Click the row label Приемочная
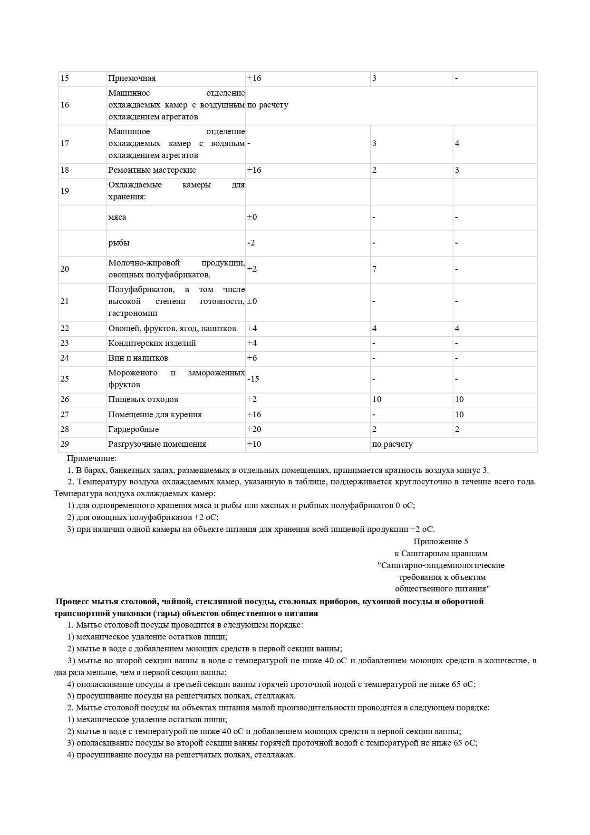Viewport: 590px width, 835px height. (x=132, y=79)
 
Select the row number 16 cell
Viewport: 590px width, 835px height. (x=65, y=105)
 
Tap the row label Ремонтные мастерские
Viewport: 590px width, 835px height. (x=152, y=170)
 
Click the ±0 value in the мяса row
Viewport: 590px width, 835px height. (x=252, y=217)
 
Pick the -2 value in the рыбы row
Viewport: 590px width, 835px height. (x=251, y=243)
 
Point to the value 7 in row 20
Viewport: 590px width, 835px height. (x=375, y=269)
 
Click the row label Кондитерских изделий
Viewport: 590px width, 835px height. (x=152, y=344)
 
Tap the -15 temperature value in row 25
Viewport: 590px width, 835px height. (x=253, y=379)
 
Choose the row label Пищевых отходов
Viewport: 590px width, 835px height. (x=143, y=400)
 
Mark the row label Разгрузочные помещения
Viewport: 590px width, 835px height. (x=157, y=444)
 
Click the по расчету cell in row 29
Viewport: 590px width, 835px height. (x=392, y=444)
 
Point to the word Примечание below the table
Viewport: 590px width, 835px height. (x=91, y=459)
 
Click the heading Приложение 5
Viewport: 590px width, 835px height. (x=441, y=541)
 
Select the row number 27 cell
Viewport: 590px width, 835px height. (x=65, y=415)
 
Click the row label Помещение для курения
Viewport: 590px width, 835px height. (x=155, y=415)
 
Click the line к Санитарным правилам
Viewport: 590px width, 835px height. (x=441, y=554)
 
